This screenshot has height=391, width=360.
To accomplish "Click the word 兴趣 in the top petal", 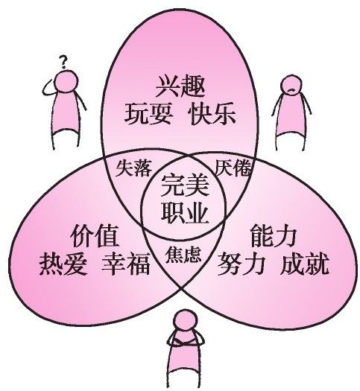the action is pyautogui.click(x=180, y=86).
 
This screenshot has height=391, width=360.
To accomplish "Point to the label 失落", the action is pyautogui.click(x=133, y=168).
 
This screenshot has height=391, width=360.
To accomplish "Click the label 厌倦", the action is pyautogui.click(x=233, y=168).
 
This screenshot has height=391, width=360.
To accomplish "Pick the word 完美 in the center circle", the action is pyautogui.click(x=184, y=185).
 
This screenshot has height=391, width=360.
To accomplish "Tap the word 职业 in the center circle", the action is pyautogui.click(x=184, y=213).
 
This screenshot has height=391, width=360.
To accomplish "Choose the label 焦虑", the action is pyautogui.click(x=183, y=255).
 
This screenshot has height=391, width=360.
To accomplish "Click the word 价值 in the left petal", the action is pyautogui.click(x=94, y=235).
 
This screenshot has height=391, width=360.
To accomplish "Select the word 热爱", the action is pyautogui.click(x=63, y=264).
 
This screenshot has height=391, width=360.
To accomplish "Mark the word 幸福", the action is pyautogui.click(x=126, y=264).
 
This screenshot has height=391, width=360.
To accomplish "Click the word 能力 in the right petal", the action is pyautogui.click(x=274, y=235).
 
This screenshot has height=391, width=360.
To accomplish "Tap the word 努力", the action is pyautogui.click(x=241, y=264).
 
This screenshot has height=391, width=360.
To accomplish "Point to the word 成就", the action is pyautogui.click(x=305, y=264).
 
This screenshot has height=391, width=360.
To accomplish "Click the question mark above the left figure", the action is pyautogui.click(x=63, y=62).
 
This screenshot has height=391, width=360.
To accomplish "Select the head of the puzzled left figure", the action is pyautogui.click(x=66, y=82).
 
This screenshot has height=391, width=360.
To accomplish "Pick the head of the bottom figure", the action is pyautogui.click(x=186, y=321).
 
